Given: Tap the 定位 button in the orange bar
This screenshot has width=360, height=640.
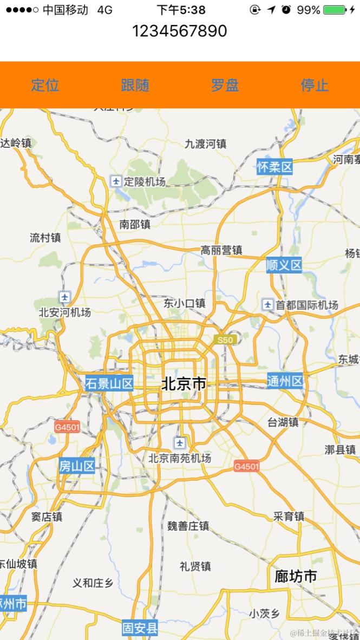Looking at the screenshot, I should pos(45,85).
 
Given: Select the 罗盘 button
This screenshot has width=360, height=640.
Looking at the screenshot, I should pos(225,85).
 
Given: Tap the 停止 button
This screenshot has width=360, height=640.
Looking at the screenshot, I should pos(315,85).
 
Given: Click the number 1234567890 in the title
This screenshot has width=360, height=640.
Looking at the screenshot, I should pos(180,31).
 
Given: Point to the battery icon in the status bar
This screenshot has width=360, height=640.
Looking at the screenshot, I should pos(335,10).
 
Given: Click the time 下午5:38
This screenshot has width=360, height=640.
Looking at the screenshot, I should pos(181,10).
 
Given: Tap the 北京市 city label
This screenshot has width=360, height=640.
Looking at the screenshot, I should pos(184,384).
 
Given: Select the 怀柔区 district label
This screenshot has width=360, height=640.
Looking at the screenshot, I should pos(274,167).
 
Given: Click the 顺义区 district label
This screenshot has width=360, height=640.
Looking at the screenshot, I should pos(284,265).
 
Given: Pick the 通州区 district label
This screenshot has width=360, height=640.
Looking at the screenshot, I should pos(285,381).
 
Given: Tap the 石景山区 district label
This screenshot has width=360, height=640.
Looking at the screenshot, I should pos(109,384).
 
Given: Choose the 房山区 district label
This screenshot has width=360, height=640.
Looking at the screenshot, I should pos(77,466).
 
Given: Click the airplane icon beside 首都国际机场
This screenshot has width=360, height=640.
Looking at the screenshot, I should pos(267,304).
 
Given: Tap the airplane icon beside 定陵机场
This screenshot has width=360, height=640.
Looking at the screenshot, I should pos(116,181).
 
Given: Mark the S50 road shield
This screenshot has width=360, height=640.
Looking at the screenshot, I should pos(225,340).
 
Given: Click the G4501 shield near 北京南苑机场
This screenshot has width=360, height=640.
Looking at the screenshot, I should pos(247,466).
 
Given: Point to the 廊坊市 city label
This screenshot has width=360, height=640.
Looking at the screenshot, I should pos(296,576).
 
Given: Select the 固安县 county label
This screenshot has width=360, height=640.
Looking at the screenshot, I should pos(140,628).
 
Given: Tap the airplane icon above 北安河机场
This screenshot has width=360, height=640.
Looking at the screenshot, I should pos(65,297).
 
